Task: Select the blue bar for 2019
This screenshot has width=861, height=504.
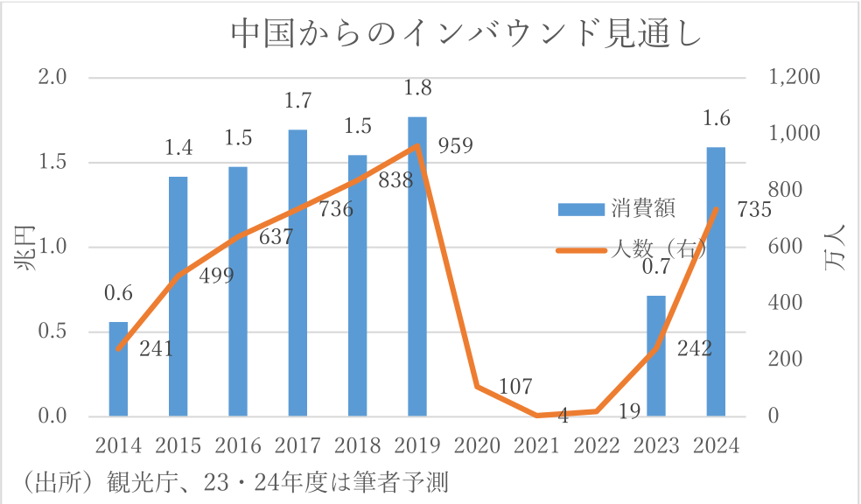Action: (x=417, y=267)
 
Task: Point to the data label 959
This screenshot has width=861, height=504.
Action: (x=456, y=145)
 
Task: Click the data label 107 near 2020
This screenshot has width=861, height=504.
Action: (x=516, y=385)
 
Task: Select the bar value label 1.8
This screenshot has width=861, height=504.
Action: (x=416, y=88)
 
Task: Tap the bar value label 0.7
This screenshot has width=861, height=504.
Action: (x=656, y=267)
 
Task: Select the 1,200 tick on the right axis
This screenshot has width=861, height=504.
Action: (x=794, y=77)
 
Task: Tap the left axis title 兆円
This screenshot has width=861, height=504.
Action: (x=26, y=248)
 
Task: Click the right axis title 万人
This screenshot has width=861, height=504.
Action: (x=836, y=248)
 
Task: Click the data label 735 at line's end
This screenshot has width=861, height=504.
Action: (x=754, y=210)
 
